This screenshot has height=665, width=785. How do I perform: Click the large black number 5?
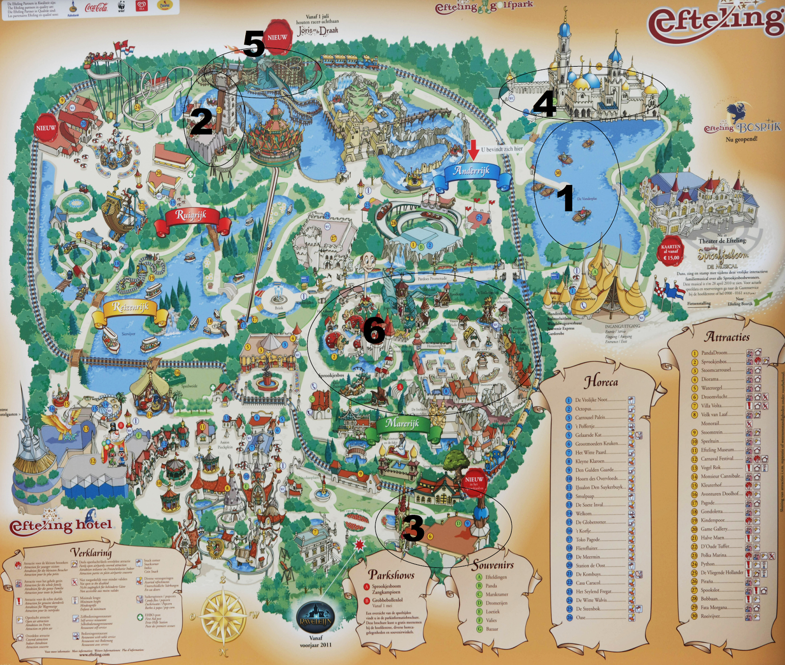(x=254, y=44)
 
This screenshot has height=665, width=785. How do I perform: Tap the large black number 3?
(x=413, y=528)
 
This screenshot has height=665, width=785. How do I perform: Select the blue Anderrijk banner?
(x=472, y=171)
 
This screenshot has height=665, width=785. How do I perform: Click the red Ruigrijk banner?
(x=191, y=216)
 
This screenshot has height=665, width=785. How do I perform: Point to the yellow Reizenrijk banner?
(x=131, y=308)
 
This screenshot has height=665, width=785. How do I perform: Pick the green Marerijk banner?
(x=402, y=424)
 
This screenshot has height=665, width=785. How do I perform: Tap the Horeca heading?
(x=601, y=382)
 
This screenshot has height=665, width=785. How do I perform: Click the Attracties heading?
(x=727, y=337)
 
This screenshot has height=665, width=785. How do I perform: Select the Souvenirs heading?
(x=493, y=565)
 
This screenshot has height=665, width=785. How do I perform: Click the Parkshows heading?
(x=391, y=575)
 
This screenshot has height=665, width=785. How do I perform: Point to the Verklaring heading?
(x=91, y=552)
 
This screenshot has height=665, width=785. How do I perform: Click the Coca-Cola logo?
(x=96, y=7)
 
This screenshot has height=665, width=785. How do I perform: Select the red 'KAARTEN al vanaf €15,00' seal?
(x=671, y=252)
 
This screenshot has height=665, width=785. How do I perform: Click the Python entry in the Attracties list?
(x=707, y=564)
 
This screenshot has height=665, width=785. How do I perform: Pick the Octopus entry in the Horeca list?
(x=583, y=409)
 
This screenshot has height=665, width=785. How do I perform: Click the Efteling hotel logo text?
(x=61, y=526)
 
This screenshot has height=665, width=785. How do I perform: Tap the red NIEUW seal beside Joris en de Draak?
(x=278, y=36)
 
